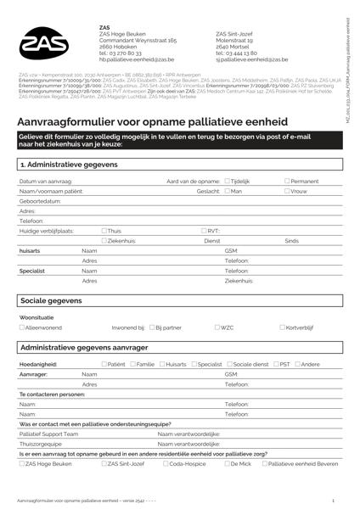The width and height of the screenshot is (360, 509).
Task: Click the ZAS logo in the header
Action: tap(47, 43)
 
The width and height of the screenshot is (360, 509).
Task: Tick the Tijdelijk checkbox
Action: tap(228, 182)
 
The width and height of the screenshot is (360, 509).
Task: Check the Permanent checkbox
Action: tap(287, 182)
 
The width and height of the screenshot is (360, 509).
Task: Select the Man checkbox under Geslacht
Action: tap(228, 192)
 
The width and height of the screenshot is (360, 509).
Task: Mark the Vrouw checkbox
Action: tap(287, 192)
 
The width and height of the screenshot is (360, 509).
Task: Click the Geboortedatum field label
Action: tap(39, 201)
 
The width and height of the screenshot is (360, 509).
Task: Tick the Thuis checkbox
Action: tap(104, 231)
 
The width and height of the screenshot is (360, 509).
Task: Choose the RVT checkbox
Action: tap(205, 231)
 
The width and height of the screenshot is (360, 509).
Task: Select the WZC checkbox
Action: tap(218, 327)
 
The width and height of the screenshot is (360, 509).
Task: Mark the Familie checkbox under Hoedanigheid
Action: tap(132, 364)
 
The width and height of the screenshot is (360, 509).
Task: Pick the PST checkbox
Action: tap(277, 364)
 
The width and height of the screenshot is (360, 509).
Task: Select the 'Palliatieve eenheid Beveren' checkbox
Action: tap(265, 465)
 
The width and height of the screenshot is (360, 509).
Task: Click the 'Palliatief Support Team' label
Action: tap(49, 433)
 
